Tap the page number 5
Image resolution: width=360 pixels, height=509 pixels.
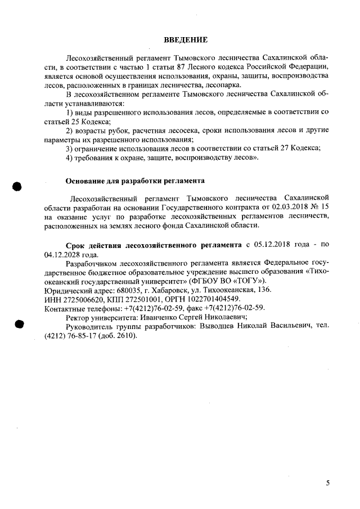tap(328, 483)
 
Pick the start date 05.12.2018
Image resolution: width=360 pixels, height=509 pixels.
tap(273, 246)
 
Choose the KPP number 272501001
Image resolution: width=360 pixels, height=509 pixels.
tap(141, 298)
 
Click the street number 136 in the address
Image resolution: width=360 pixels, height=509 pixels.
tap(263, 289)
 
